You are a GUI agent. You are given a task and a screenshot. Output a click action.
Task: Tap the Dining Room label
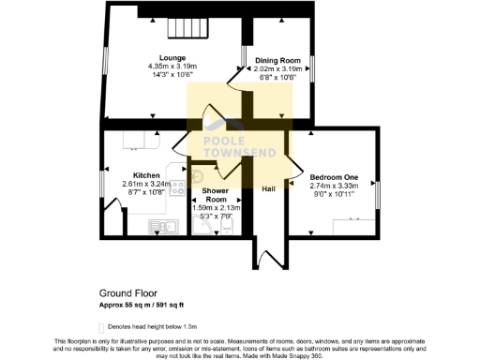[x=278, y=60]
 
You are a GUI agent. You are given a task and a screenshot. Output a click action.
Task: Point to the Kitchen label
[x=145, y=175]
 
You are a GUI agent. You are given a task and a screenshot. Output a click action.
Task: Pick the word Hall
[x=269, y=188]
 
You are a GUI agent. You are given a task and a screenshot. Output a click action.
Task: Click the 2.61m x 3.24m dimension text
[x=146, y=184]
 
